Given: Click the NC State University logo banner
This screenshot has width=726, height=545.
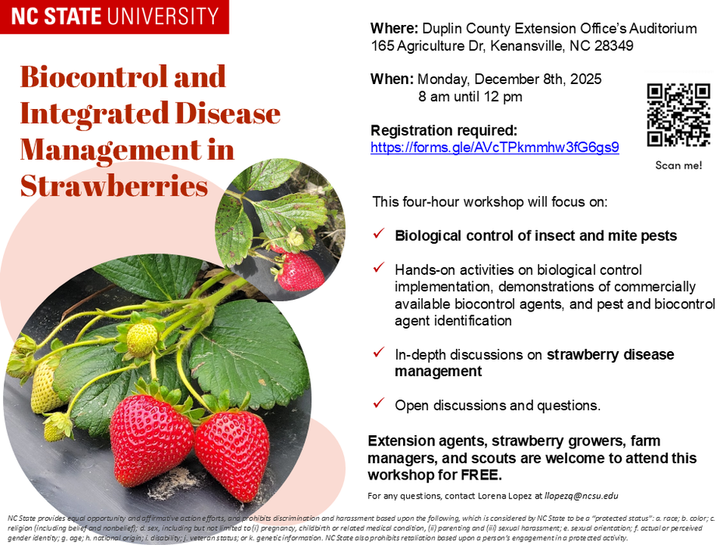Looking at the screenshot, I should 114,16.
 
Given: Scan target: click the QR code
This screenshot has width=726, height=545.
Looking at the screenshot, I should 679,115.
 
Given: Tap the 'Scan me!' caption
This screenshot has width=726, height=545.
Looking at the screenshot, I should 679,165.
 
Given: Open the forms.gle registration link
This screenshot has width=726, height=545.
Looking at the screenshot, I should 494,147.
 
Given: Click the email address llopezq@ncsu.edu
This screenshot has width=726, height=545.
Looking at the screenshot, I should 577,496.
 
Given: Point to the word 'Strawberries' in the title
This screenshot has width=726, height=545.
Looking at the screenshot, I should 114,185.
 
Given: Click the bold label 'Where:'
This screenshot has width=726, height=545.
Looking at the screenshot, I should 394,29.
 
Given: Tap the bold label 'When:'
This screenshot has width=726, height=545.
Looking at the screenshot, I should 391,79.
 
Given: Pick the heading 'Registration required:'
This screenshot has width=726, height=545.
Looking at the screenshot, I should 444,130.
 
